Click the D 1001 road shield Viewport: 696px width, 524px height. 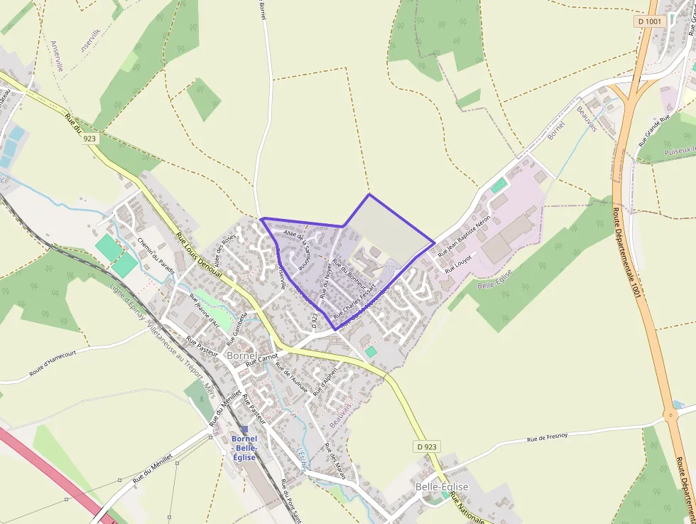649,22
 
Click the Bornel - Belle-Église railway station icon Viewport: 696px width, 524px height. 244,429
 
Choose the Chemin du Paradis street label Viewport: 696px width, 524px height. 156,256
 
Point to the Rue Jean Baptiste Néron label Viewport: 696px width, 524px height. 464,235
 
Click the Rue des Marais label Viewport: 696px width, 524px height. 334,461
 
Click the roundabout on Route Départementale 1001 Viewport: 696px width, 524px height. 671,414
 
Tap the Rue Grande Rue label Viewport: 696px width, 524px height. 654,129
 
